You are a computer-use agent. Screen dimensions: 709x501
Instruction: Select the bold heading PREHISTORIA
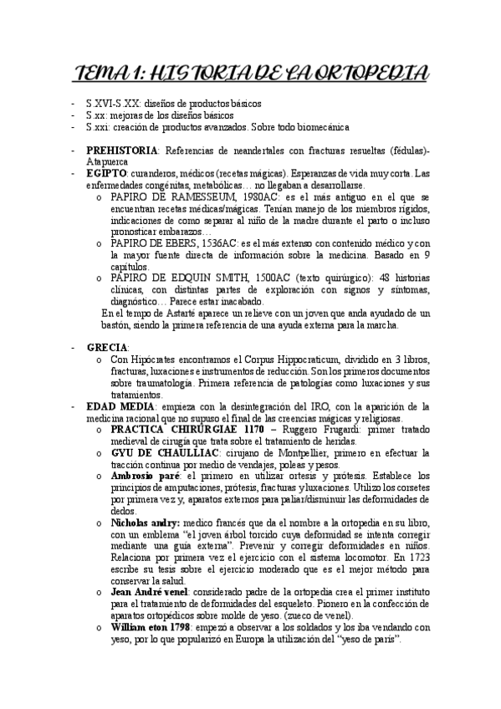tap(122, 150)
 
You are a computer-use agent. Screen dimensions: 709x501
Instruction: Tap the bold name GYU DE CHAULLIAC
tap(159, 452)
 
